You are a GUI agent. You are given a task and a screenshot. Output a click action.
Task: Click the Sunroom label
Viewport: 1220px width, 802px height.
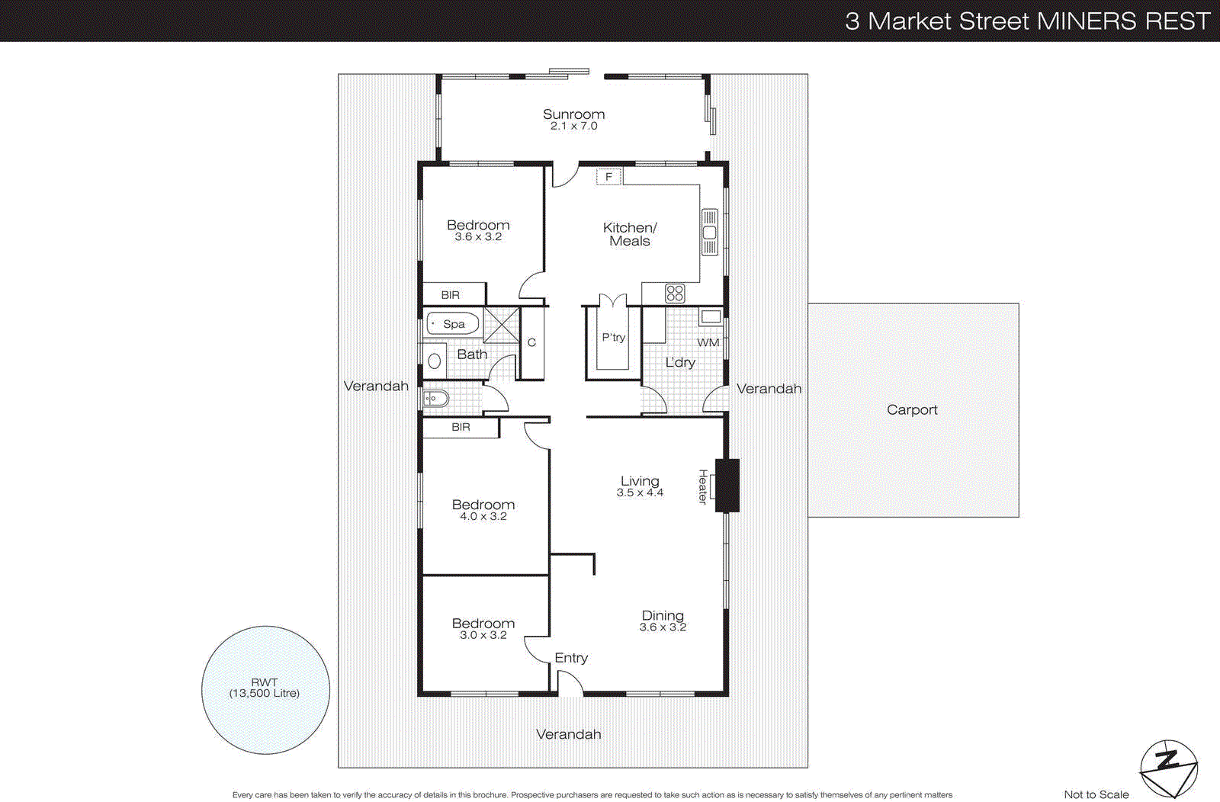[573, 114]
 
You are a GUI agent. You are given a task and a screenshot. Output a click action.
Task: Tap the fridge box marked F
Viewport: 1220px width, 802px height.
[608, 177]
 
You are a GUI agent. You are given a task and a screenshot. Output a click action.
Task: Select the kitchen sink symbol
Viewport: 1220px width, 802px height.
[709, 233]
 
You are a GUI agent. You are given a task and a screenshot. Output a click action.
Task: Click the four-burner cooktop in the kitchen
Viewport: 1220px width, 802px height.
[675, 293]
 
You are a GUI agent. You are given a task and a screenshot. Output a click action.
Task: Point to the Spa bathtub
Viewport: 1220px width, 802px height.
[453, 324]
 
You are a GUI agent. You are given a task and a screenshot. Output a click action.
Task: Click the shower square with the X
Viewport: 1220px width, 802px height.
[501, 324]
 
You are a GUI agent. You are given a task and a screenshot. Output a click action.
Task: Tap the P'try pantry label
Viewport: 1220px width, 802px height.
[613, 337]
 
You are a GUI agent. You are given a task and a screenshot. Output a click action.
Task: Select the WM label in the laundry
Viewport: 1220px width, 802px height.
[708, 343]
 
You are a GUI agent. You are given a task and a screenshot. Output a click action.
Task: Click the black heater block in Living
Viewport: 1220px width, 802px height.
[727, 485]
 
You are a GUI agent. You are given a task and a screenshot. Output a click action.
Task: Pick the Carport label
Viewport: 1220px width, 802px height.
[912, 410]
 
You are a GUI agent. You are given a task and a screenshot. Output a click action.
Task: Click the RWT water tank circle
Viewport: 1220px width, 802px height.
[265, 690]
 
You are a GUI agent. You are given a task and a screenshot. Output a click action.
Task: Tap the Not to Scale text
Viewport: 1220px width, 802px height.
[1096, 794]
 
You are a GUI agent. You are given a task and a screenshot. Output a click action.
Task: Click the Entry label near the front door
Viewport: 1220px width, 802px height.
[571, 658]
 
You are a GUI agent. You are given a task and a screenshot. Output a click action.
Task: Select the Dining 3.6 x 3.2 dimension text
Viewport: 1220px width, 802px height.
[663, 627]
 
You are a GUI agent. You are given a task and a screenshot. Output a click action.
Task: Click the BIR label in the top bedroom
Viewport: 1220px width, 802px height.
[451, 295]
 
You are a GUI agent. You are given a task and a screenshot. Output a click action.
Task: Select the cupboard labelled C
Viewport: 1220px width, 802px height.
[531, 343]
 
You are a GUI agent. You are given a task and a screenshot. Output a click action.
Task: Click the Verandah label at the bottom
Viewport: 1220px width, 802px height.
[568, 734]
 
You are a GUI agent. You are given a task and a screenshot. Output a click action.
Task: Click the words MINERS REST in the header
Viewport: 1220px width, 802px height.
[1124, 21]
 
